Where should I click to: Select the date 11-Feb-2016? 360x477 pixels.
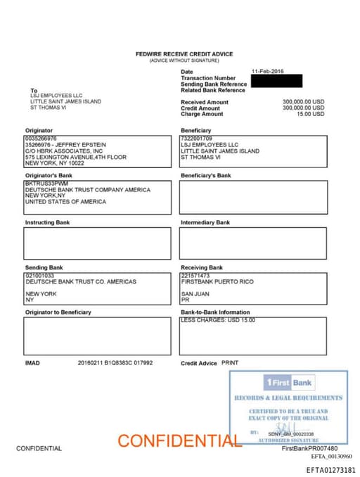pyautogui.click(x=267, y=72)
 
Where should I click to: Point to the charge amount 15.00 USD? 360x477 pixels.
pyautogui.click(x=310, y=114)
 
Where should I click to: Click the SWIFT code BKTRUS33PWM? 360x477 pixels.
pyautogui.click(x=45, y=184)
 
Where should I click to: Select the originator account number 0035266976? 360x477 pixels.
pyautogui.click(x=41, y=139)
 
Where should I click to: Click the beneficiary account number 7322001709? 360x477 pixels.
pyautogui.click(x=197, y=139)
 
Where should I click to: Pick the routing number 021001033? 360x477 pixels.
pyautogui.click(x=39, y=276)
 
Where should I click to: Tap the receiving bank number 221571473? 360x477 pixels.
pyautogui.click(x=195, y=276)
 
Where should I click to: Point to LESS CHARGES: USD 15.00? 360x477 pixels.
pyautogui.click(x=218, y=321)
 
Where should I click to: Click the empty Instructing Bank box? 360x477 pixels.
pyautogui.click(x=97, y=243)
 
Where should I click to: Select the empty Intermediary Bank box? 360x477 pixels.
pyautogui.click(x=253, y=243)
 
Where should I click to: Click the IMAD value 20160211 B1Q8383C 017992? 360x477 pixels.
pyautogui.click(x=115, y=363)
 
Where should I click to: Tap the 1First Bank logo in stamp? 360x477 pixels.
pyautogui.click(x=289, y=383)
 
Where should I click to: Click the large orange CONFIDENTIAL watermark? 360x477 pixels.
pyautogui.click(x=179, y=441)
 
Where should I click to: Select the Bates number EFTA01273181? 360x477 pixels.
pyautogui.click(x=330, y=470)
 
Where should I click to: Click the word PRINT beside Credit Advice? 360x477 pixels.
pyautogui.click(x=230, y=362)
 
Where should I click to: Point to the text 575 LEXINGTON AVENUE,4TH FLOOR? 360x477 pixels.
pyautogui.click(x=76, y=157)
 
